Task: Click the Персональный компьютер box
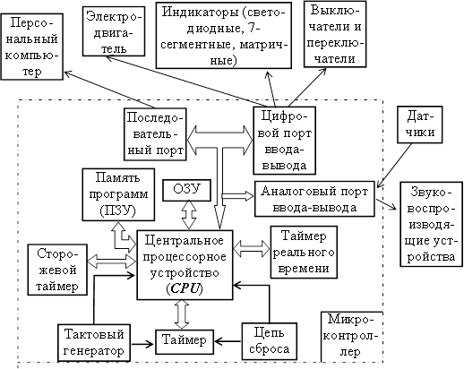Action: (x=32, y=47)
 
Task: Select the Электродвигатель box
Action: (x=114, y=32)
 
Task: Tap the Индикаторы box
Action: (x=224, y=36)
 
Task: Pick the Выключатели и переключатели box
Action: (x=335, y=34)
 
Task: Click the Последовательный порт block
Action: (x=155, y=134)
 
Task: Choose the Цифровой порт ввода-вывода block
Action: (x=285, y=141)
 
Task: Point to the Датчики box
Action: (x=420, y=124)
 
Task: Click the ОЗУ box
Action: (x=187, y=190)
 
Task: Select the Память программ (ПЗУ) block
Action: (x=118, y=194)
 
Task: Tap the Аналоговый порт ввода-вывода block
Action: (x=314, y=199)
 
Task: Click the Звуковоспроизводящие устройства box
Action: (x=431, y=224)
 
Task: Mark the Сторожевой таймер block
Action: (x=57, y=270)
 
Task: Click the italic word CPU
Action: (x=185, y=289)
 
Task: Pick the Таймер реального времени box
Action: (x=304, y=253)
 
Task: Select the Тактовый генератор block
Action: (x=94, y=343)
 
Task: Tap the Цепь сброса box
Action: (x=270, y=341)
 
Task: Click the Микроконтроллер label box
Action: (x=352, y=337)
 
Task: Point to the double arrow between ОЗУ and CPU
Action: (x=189, y=215)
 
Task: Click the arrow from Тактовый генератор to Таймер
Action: (x=142, y=344)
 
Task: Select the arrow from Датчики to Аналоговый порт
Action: (x=394, y=166)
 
